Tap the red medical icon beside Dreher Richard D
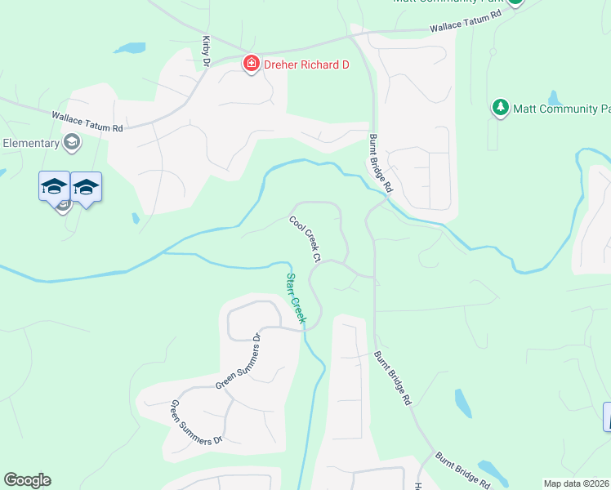click(252, 64)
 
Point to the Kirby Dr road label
click(207, 50)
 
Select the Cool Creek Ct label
click(304, 238)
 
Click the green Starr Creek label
click(295, 299)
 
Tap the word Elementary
click(31, 143)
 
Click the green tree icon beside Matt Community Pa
click(500, 107)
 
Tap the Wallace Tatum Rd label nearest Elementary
click(87, 122)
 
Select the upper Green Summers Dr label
click(238, 361)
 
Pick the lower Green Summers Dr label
click(195, 422)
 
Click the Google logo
click(27, 480)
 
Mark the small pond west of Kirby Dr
click(130, 48)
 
